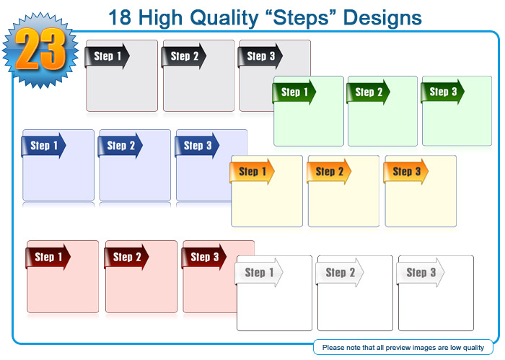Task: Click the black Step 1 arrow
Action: [x=107, y=56]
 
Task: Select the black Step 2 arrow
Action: [x=183, y=56]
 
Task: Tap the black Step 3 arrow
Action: [x=260, y=56]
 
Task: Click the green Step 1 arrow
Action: [x=294, y=92]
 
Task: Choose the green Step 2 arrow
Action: [x=368, y=92]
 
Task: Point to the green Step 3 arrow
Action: [x=442, y=92]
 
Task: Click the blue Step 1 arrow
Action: [x=43, y=146]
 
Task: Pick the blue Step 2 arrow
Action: [x=120, y=146]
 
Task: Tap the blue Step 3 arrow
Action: [x=197, y=146]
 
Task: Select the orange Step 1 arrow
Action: [x=252, y=172]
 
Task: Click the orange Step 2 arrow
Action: [x=329, y=172]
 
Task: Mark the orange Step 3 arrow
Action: [x=405, y=172]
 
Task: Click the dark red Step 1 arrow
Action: [x=48, y=257]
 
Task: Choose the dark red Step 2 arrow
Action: [x=126, y=257]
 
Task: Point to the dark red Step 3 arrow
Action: [x=204, y=257]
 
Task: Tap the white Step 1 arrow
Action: [x=259, y=273]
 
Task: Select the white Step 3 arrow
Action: [x=421, y=273]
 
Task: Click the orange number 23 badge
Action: [x=40, y=50]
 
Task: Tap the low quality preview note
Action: [x=403, y=348]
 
